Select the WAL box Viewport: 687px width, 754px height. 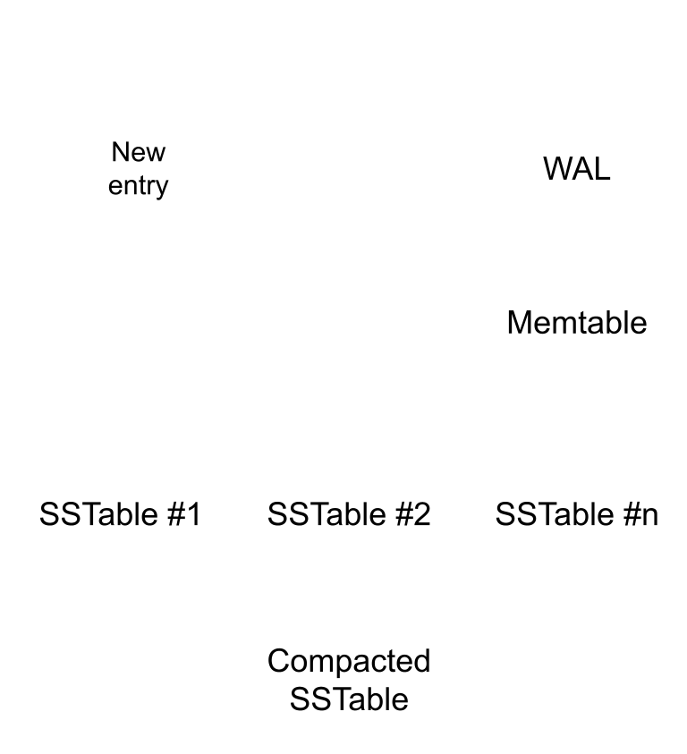(x=577, y=167)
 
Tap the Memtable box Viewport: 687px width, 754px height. (x=577, y=321)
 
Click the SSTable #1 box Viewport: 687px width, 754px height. (x=121, y=513)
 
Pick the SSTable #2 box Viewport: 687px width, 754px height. (x=349, y=513)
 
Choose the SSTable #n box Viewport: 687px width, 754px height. (x=577, y=513)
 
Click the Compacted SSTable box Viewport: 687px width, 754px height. (x=349, y=679)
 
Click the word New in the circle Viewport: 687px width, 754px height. (x=138, y=152)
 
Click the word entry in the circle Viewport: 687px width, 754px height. (x=138, y=186)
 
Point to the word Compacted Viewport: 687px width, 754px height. (x=349, y=662)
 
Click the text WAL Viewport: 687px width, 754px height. (x=577, y=168)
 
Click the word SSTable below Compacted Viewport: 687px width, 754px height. (x=349, y=698)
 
